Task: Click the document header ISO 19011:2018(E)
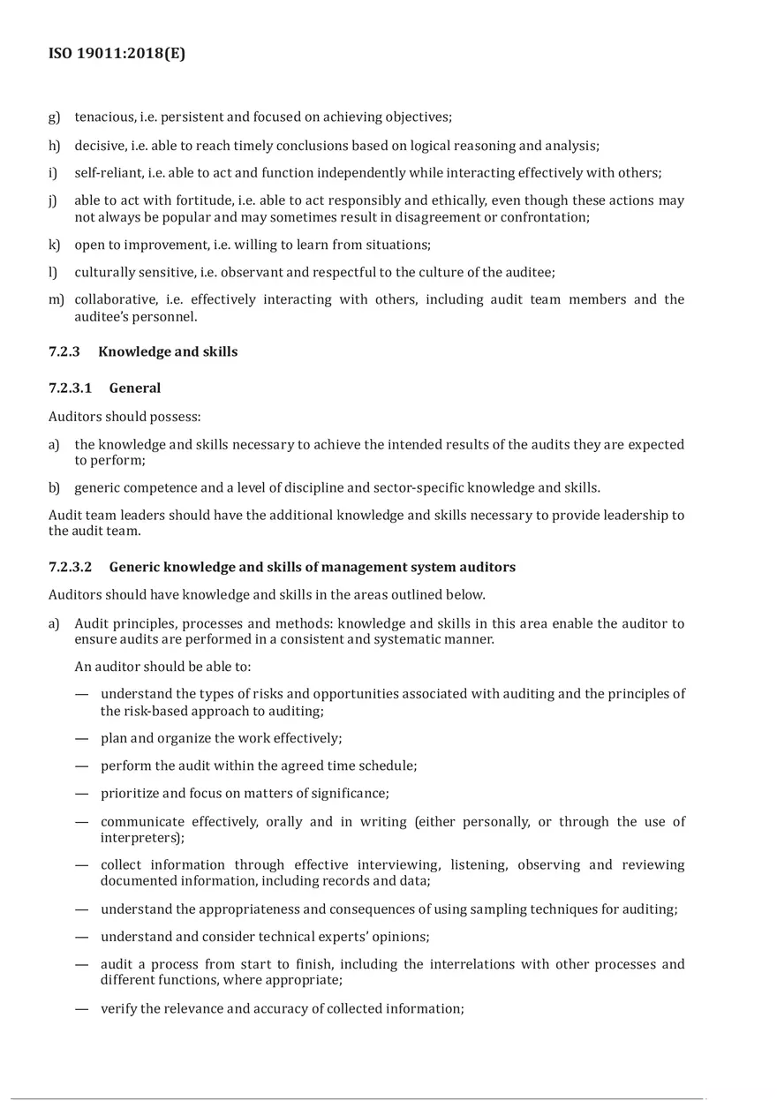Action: click(x=117, y=54)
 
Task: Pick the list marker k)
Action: click(x=54, y=245)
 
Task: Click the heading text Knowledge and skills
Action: click(x=168, y=351)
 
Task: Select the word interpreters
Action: click(x=141, y=837)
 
